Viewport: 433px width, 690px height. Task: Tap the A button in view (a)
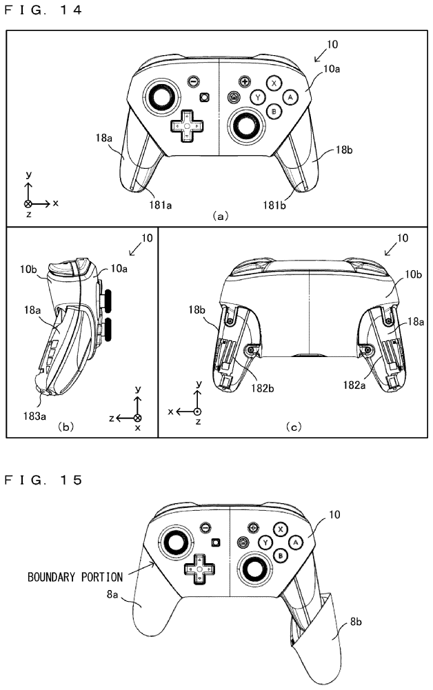290,97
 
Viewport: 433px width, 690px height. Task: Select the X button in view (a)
274,83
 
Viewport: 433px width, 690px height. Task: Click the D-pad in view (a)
186,127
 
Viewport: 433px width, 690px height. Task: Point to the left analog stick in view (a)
161,99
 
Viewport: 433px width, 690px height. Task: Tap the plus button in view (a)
244,81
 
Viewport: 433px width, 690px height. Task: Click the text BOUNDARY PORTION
76,576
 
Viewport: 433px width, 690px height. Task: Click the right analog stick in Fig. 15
254,569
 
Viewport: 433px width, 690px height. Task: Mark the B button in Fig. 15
281,556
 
